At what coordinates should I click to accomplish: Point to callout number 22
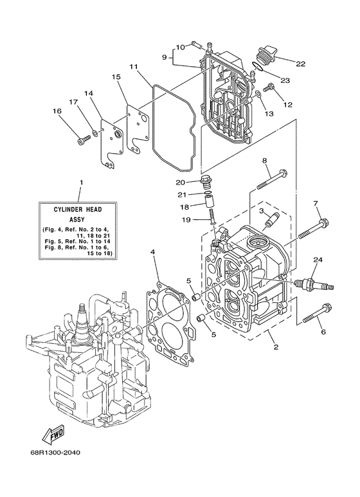coord(301,63)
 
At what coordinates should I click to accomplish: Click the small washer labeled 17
coord(95,132)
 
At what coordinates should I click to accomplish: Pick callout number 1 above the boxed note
coord(80,182)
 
